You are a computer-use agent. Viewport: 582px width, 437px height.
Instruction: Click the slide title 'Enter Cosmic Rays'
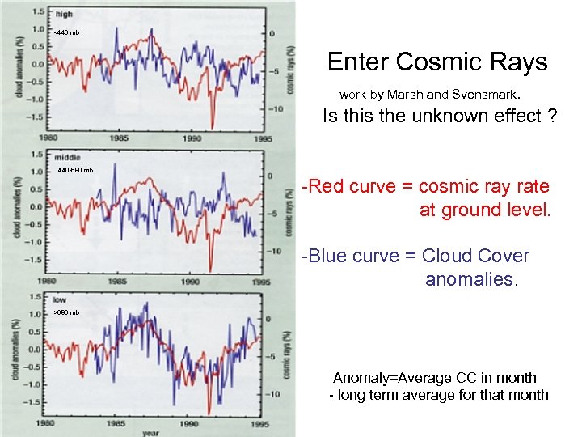437,62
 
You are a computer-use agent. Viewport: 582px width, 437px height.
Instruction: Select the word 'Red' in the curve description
328,186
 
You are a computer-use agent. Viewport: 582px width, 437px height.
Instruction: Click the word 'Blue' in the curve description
331,256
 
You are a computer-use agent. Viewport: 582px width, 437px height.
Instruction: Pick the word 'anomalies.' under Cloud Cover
470,279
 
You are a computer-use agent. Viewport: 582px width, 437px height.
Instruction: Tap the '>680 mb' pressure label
66,312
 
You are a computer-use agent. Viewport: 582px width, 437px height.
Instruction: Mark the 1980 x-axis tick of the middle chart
46,282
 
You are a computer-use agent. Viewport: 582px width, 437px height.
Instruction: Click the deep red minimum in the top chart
212,125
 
